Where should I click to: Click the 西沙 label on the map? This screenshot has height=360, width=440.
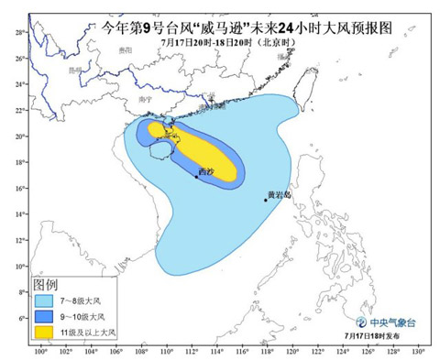(x=203, y=170)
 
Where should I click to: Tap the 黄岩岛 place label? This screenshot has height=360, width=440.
(x=278, y=194)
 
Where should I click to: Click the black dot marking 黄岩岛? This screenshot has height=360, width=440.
(x=266, y=200)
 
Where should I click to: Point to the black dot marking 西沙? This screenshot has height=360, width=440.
(x=196, y=176)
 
